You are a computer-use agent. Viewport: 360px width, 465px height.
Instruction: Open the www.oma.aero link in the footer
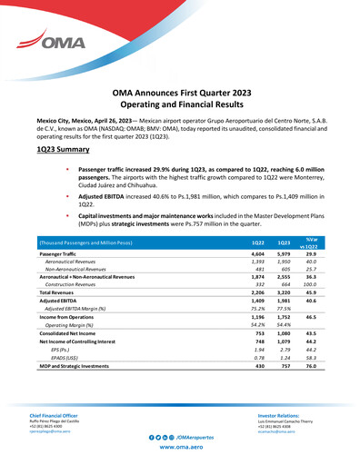[179, 449]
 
